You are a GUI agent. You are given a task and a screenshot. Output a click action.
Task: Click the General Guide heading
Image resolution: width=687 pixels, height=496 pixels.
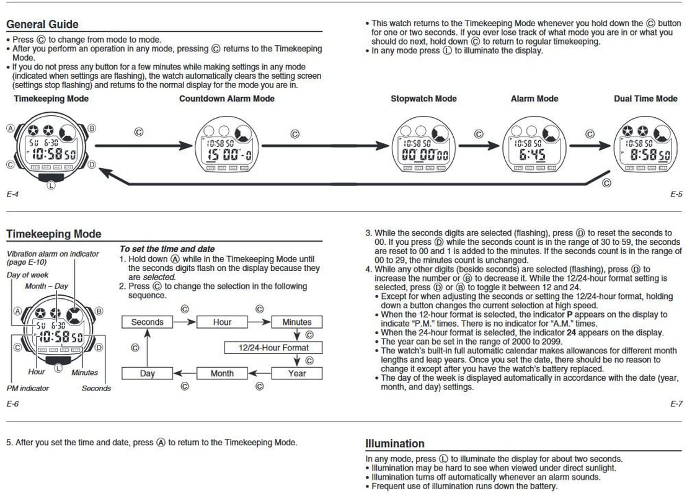pyautogui.click(x=43, y=24)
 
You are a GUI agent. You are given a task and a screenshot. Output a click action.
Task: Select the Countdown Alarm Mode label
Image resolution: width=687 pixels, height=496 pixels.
pyautogui.click(x=227, y=99)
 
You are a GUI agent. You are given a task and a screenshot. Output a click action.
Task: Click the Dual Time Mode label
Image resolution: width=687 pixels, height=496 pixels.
pyautogui.click(x=645, y=99)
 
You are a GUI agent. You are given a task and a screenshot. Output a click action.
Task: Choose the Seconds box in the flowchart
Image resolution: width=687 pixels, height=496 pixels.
pyautogui.click(x=147, y=322)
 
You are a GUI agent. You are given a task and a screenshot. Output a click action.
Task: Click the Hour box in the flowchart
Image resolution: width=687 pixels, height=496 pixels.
pyautogui.click(x=222, y=322)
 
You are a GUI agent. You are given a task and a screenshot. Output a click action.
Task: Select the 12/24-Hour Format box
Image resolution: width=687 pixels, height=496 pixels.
pyautogui.click(x=273, y=348)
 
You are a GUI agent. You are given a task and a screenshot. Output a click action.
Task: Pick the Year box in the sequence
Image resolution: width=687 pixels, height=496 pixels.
pyautogui.click(x=297, y=373)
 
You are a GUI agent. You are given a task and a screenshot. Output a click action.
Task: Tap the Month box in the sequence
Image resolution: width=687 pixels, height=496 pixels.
pyautogui.click(x=222, y=373)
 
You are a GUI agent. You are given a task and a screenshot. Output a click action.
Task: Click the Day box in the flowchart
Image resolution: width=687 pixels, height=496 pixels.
pyautogui.click(x=147, y=373)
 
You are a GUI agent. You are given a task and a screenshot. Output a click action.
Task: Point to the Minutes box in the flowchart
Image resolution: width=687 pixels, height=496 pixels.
pyautogui.click(x=297, y=322)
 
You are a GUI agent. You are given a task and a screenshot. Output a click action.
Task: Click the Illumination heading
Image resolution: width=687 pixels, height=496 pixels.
pyautogui.click(x=395, y=443)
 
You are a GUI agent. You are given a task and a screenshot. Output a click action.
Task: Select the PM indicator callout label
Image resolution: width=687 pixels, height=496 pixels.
pyautogui.click(x=28, y=388)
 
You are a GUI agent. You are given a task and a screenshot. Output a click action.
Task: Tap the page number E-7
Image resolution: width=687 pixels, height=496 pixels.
pyautogui.click(x=676, y=404)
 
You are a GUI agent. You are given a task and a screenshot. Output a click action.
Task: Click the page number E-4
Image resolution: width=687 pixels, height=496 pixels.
pyautogui.click(x=12, y=194)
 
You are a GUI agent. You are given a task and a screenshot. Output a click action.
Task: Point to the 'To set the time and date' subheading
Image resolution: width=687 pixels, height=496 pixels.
pyautogui.click(x=167, y=249)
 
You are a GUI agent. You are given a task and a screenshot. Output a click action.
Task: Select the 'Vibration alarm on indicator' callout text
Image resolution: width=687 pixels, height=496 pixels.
pyautogui.click(x=53, y=254)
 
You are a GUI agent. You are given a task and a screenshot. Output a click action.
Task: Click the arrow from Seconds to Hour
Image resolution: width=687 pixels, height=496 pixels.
pyautogui.click(x=184, y=322)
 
